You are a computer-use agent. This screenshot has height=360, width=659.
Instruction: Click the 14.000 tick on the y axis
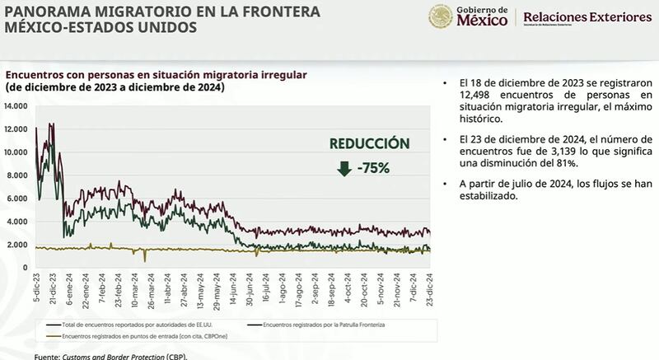[16, 106]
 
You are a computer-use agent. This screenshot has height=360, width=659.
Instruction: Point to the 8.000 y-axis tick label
[18, 175]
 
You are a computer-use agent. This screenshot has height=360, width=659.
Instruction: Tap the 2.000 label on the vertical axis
[18, 245]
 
